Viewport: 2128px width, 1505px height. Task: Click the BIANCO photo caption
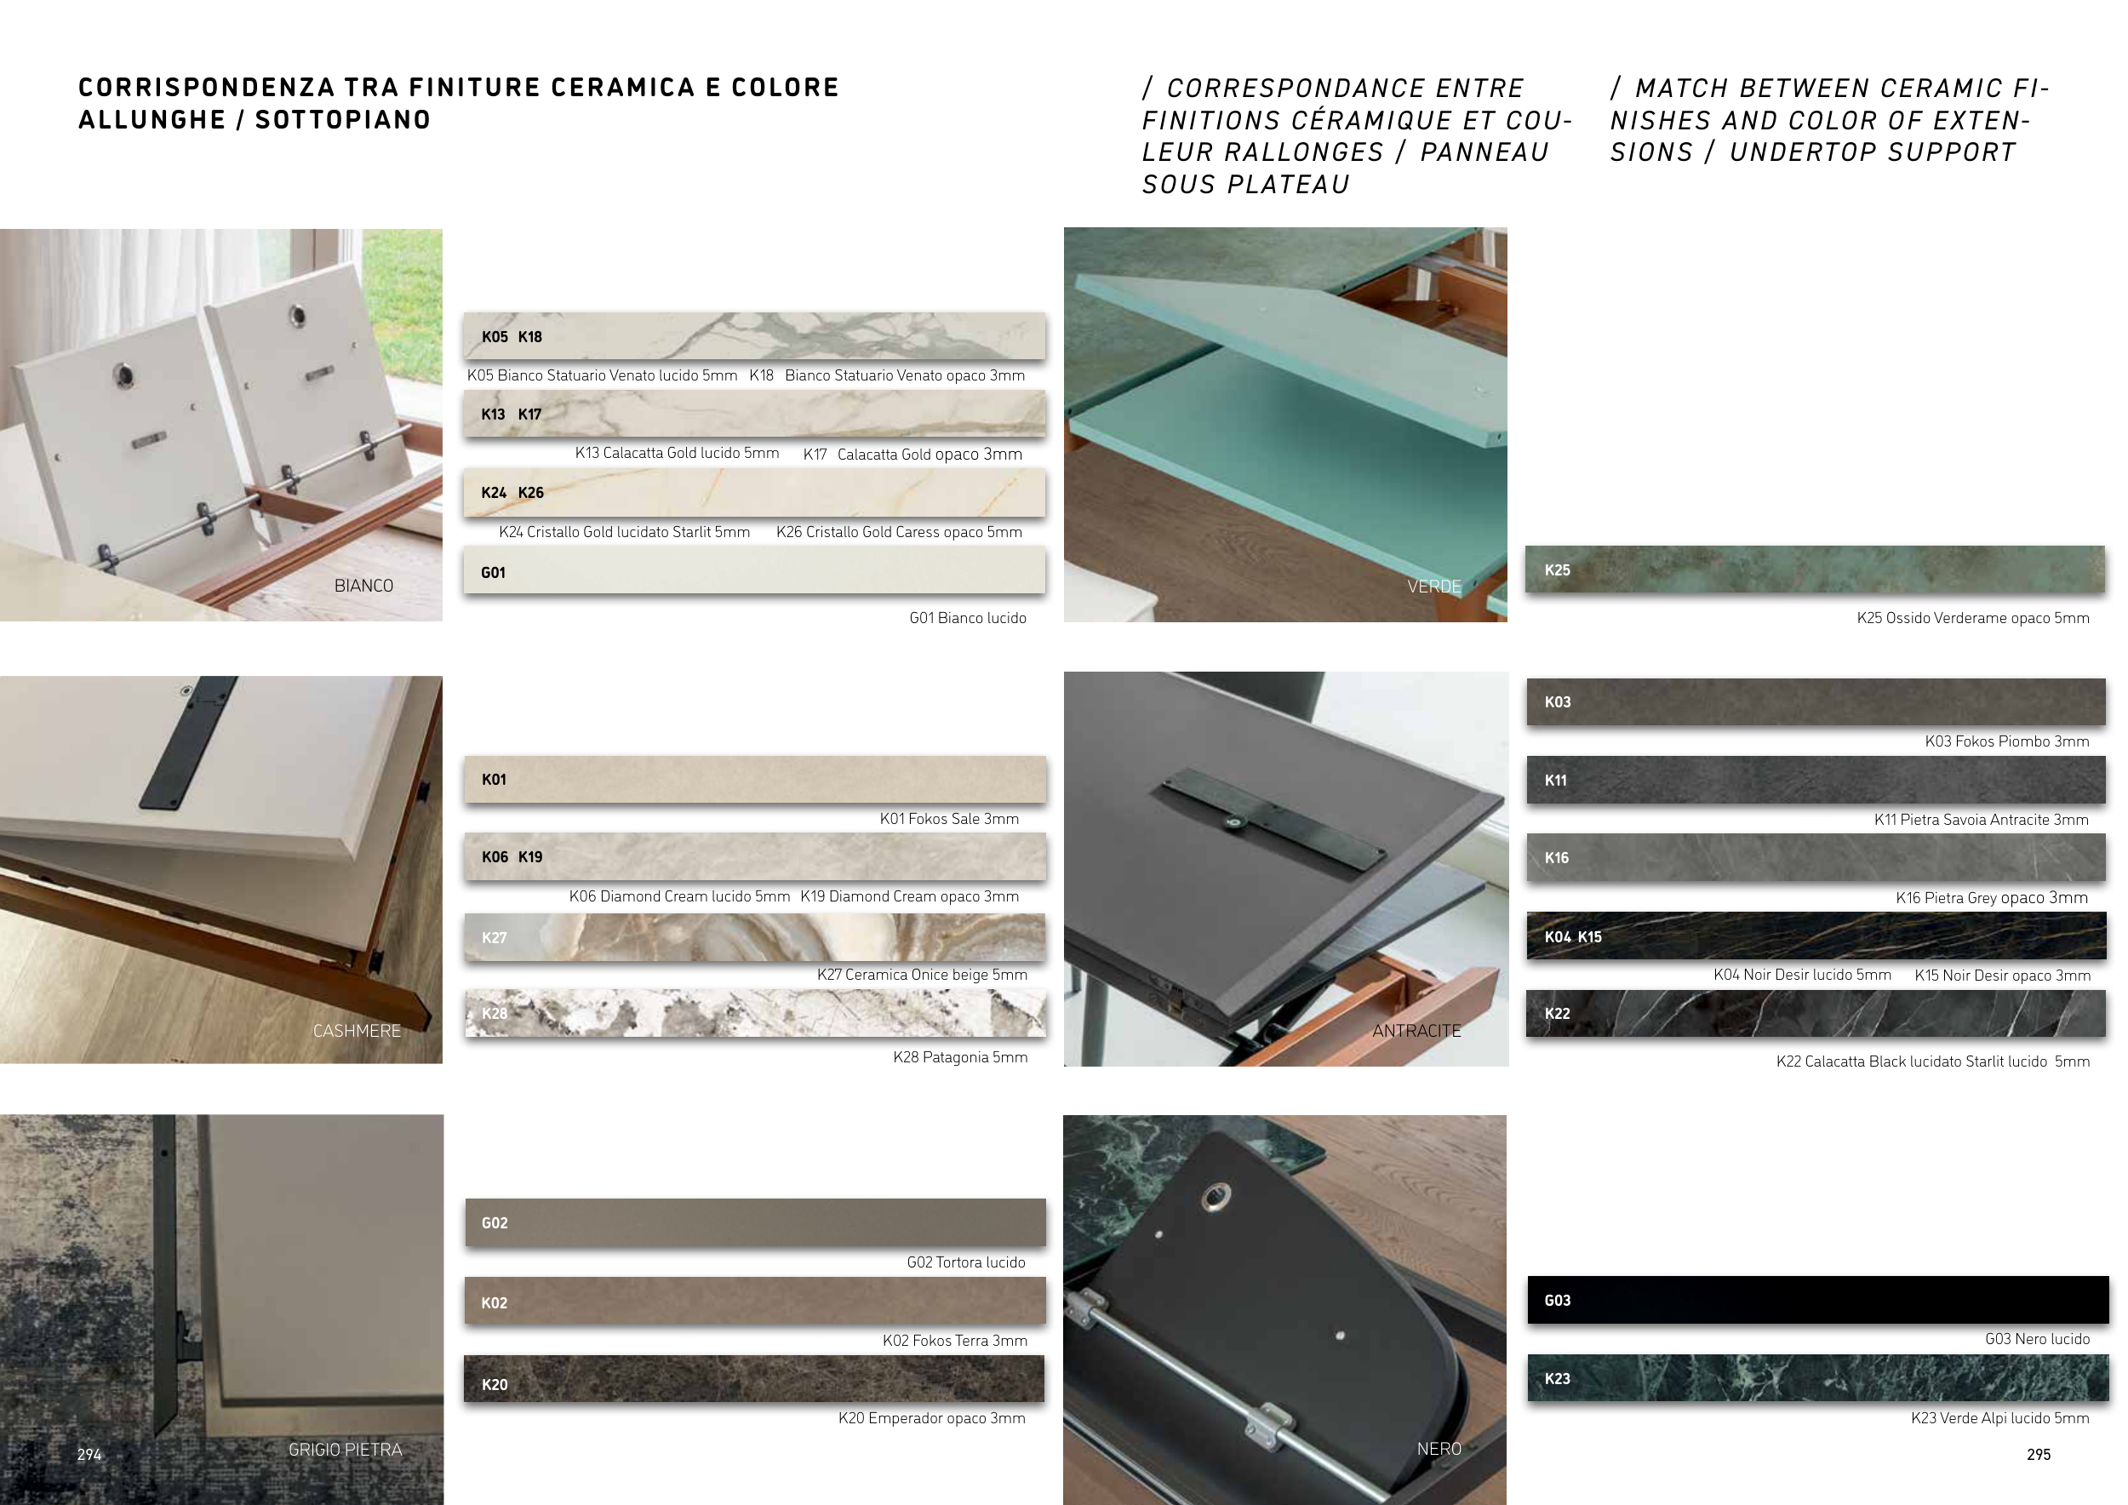pos(363,586)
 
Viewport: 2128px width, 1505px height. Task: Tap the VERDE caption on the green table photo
pos(1433,587)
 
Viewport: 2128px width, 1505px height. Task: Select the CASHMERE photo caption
pos(357,1031)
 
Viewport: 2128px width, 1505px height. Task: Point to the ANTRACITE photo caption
pos(1416,1031)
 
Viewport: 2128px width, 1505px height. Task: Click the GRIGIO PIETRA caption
pos(345,1450)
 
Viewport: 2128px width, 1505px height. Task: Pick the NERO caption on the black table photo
pos(1439,1449)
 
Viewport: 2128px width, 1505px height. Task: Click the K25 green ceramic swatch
pos(1815,569)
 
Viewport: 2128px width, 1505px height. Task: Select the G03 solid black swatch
pos(1817,1299)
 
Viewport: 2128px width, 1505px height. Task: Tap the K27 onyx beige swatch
pos(754,937)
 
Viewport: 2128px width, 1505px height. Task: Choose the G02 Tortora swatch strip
pos(754,1222)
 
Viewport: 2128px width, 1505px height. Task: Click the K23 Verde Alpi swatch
pos(1817,1378)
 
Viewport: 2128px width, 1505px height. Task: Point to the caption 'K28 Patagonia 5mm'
pos(960,1057)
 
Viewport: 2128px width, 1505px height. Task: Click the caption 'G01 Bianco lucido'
pos(968,618)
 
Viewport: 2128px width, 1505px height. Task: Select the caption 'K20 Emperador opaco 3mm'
pos(931,1418)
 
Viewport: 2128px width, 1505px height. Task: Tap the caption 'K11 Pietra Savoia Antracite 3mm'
pos(1982,819)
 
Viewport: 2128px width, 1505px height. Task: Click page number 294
pos(89,1454)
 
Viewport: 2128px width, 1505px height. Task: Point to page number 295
pos(2039,1454)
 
